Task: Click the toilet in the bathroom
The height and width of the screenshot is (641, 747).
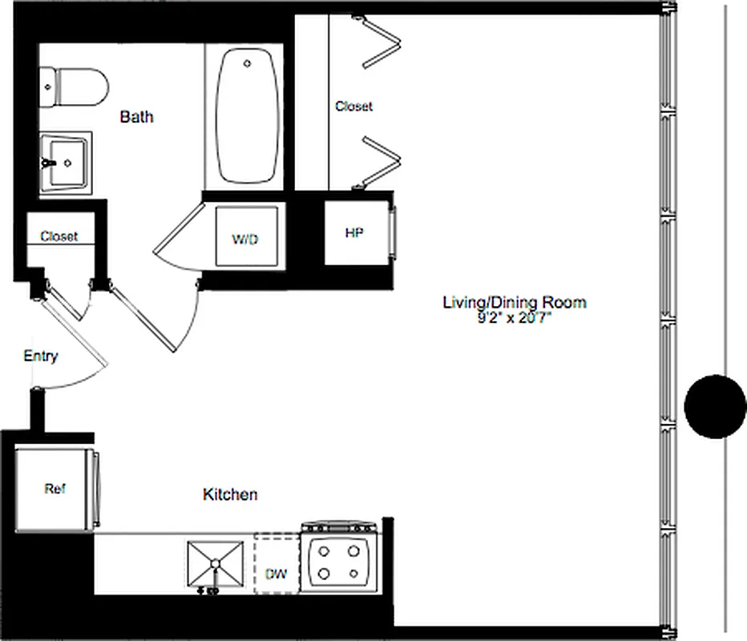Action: pyautogui.click(x=76, y=87)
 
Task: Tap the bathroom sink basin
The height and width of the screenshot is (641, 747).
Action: pyautogui.click(x=67, y=161)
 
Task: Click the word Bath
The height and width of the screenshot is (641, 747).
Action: pyautogui.click(x=136, y=117)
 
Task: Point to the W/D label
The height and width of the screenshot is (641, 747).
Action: pyautogui.click(x=245, y=240)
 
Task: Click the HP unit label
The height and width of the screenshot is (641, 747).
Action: pyautogui.click(x=353, y=233)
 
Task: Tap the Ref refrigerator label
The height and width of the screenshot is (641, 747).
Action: pyautogui.click(x=55, y=489)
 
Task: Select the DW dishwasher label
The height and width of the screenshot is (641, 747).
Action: pyautogui.click(x=276, y=575)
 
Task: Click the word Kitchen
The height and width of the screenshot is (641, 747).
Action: pyautogui.click(x=230, y=494)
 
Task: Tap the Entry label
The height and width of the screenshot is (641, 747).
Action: pyautogui.click(x=40, y=357)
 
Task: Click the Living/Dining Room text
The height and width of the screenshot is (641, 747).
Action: pyautogui.click(x=515, y=302)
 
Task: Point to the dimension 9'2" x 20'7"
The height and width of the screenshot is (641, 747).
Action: pyautogui.click(x=515, y=317)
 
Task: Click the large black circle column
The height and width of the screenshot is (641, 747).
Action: pyautogui.click(x=715, y=406)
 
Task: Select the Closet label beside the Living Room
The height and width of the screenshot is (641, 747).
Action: pyautogui.click(x=353, y=106)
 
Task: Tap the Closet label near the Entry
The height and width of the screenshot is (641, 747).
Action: pyautogui.click(x=59, y=236)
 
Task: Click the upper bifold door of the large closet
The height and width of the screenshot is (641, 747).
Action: pyautogui.click(x=381, y=44)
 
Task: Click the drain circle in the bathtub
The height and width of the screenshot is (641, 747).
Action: pyautogui.click(x=248, y=62)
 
